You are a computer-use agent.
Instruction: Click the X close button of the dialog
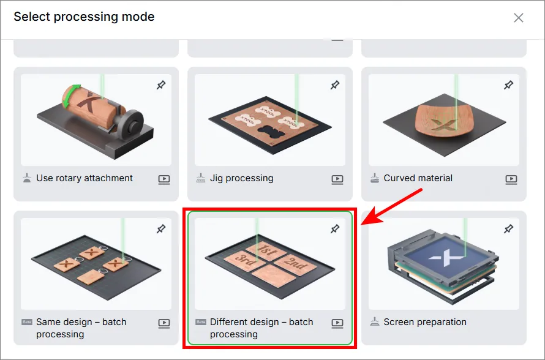pos(518,18)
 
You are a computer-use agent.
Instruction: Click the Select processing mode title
pos(84,17)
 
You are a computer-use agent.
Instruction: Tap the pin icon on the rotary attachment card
pos(161,84)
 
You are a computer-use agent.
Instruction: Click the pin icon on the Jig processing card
pos(335,84)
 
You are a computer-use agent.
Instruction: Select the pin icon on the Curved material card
pos(508,84)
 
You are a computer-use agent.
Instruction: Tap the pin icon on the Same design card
pos(161,228)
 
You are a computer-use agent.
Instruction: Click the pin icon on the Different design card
pos(335,228)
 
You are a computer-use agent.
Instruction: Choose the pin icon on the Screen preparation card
pos(508,228)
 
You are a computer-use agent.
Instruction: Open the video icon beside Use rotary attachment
pos(164,179)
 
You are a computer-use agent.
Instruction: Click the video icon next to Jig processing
pos(337,179)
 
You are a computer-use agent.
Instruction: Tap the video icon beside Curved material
pos(511,179)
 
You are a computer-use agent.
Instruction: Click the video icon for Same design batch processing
pos(164,323)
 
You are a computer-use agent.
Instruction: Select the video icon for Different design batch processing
pos(337,323)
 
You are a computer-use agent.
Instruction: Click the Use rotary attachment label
pos(85,178)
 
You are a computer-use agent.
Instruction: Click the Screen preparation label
pos(425,322)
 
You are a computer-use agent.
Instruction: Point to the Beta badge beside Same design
pos(27,322)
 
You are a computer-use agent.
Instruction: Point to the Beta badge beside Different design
pos(201,322)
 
